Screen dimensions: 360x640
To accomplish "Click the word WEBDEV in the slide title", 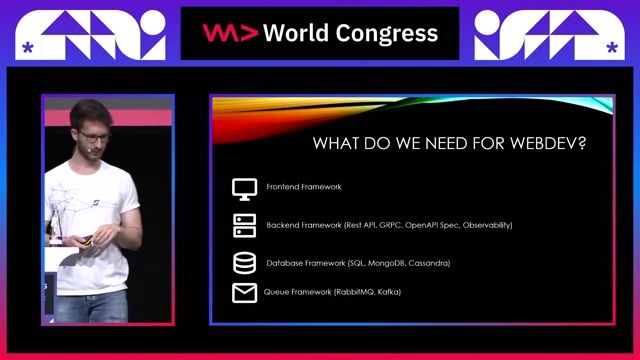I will (546, 143).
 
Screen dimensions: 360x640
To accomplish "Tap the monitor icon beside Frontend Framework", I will (244, 188).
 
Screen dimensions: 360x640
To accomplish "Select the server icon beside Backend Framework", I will (244, 226).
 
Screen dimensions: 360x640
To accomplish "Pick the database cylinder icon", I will (244, 263).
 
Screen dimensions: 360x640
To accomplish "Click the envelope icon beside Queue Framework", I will (244, 293).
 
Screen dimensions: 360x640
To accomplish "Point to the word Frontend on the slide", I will (283, 187).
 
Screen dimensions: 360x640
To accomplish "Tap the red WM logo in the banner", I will (231, 33).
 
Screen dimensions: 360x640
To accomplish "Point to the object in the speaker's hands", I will (89, 240).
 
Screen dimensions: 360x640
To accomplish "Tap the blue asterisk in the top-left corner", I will (27, 46).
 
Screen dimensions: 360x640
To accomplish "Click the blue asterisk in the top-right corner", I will (612, 46).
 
